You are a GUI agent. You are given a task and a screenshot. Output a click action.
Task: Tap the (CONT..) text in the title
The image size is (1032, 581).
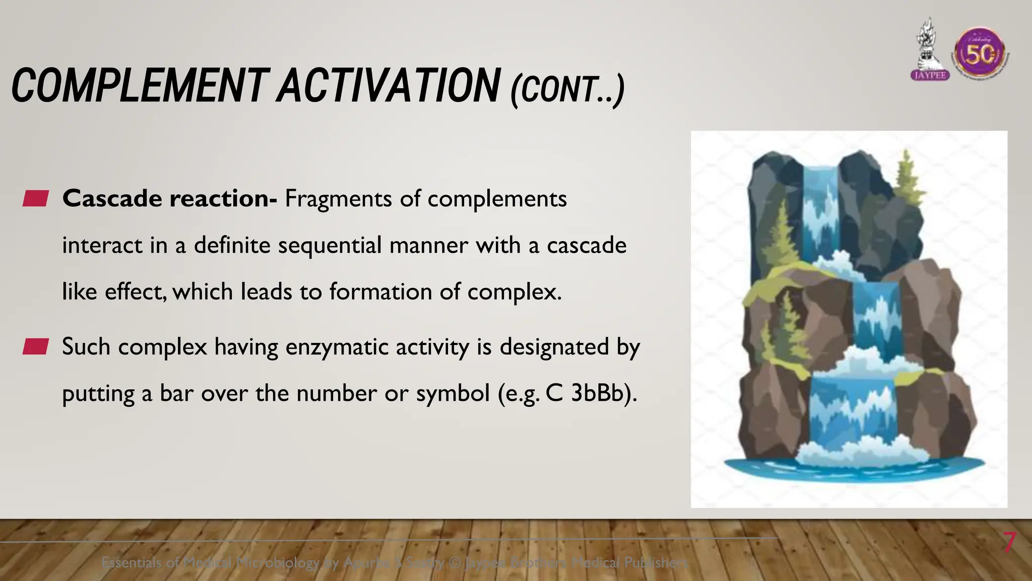[567, 90]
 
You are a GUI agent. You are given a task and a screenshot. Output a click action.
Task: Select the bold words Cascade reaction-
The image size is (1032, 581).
[169, 199]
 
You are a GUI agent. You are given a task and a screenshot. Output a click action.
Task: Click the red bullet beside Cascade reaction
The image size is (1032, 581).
[35, 199]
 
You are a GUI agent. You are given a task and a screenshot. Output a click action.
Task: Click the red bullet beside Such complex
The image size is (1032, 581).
[35, 347]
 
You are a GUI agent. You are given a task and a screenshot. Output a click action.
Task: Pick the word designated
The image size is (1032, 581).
[554, 347]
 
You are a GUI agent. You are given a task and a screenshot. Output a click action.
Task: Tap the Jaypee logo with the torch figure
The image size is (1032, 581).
[930, 50]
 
